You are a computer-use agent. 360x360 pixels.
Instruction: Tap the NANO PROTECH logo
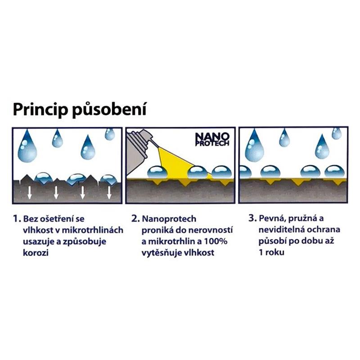[x=212, y=139]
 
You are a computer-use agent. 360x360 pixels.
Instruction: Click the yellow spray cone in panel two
[x=181, y=164]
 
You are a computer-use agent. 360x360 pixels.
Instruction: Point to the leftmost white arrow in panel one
[x=30, y=193]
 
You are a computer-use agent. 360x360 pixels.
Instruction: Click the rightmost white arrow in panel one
[x=109, y=193]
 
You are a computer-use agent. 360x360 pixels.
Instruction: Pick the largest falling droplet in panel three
[x=254, y=145]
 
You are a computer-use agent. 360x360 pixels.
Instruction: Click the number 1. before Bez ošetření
[x=17, y=219]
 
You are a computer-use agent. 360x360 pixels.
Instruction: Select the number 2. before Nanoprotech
[x=135, y=219]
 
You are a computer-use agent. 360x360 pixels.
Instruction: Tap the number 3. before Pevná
[x=252, y=218]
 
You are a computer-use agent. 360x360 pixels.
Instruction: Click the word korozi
[x=36, y=252]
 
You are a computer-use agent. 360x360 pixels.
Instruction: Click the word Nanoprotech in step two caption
[x=169, y=219]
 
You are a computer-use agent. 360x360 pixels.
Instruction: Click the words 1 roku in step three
[x=272, y=252]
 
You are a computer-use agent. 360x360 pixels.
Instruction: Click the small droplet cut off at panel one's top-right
[x=110, y=134]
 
